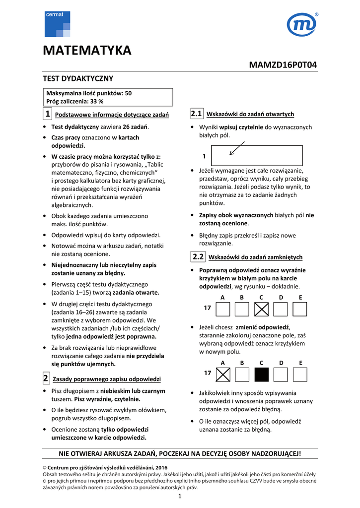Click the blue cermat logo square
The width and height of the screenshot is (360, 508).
[x=57, y=24]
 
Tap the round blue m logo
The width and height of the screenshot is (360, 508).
[x=302, y=25]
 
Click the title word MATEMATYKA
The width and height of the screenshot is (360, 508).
[x=87, y=51]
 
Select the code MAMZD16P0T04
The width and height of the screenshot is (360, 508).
[x=283, y=65]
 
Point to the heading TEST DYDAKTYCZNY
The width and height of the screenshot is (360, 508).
[x=78, y=78]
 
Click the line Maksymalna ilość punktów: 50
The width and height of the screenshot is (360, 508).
[x=89, y=93]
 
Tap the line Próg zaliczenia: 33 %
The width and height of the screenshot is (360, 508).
[x=74, y=101]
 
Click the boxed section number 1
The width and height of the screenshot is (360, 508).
[x=47, y=114]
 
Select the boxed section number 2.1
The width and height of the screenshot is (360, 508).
[x=196, y=114]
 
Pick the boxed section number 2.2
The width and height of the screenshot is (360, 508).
[x=198, y=256]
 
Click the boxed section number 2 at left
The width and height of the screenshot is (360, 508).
[x=45, y=379]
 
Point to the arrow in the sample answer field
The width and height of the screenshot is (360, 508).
[x=237, y=148]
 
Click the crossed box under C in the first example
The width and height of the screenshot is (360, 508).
[x=261, y=310]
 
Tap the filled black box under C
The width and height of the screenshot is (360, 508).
[x=261, y=375]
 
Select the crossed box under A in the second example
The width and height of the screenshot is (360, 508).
[x=223, y=375]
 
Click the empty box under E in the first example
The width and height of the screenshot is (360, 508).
[x=300, y=310]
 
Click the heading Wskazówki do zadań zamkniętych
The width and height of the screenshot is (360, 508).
[x=255, y=257]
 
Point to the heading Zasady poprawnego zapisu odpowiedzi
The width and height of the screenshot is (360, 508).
[x=107, y=380]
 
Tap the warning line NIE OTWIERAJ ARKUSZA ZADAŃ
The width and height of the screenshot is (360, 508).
[x=180, y=453]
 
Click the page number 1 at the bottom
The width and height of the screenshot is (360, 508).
[x=180, y=498]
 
